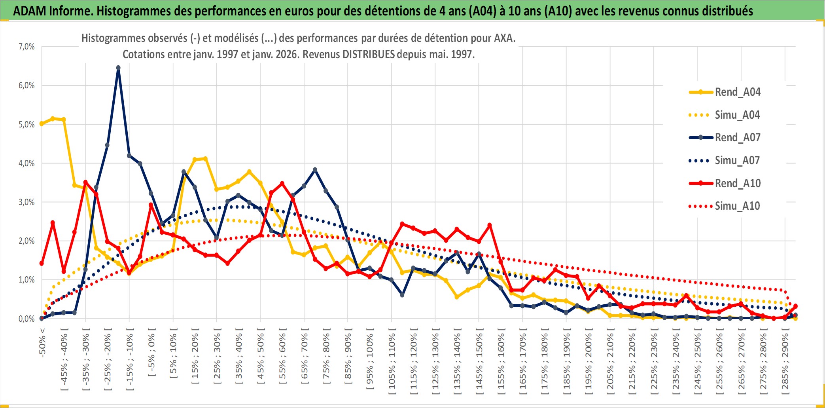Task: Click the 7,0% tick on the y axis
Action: (x=26, y=47)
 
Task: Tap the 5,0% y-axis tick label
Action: (x=26, y=125)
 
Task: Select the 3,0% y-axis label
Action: (x=26, y=202)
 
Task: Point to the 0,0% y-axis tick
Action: (x=26, y=319)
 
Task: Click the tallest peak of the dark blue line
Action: (x=118, y=68)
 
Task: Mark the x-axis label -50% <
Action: (x=42, y=343)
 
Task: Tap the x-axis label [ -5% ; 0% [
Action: (x=151, y=352)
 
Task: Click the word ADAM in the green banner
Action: (x=30, y=11)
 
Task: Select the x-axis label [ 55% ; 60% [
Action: (x=283, y=358)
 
